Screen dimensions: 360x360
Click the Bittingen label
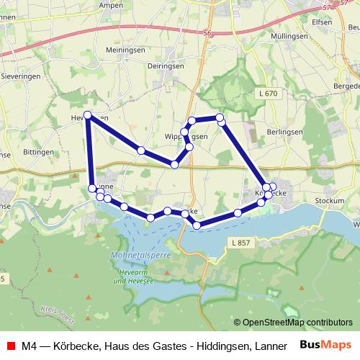pyautogui.click(x=39, y=153)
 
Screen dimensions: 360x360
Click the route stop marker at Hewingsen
pyautogui.click(x=88, y=115)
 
